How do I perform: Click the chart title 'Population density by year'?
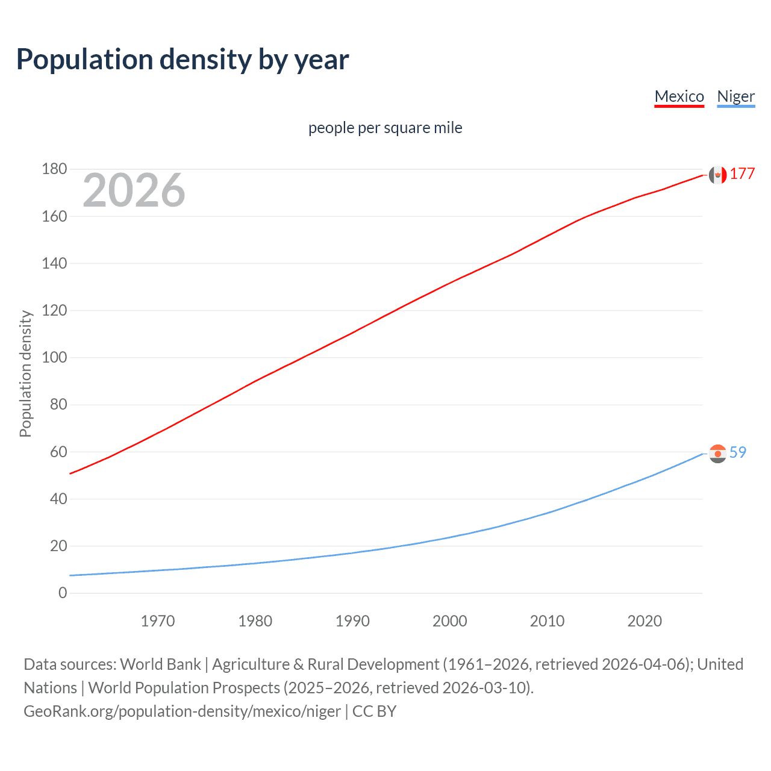(x=183, y=60)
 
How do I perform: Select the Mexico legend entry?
(x=679, y=96)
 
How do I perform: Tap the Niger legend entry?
(x=735, y=96)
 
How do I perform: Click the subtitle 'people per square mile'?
(x=385, y=128)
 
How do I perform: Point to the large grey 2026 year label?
(x=134, y=190)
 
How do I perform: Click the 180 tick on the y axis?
(x=54, y=169)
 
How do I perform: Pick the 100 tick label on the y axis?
(x=54, y=357)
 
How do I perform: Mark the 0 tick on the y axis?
(x=63, y=593)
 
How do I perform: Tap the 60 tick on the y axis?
(x=58, y=452)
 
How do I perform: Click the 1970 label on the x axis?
(x=158, y=621)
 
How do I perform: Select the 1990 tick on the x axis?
(x=352, y=621)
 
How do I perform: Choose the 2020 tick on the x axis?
(x=645, y=621)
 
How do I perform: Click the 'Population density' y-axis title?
(x=25, y=373)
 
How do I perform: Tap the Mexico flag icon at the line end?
(x=717, y=175)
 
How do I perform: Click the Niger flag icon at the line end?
(x=717, y=453)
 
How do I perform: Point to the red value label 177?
(x=742, y=174)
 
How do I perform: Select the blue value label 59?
(x=738, y=452)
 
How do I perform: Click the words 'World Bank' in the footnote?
(x=160, y=664)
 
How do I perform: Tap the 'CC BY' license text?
(x=374, y=711)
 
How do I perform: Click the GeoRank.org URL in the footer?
(x=182, y=711)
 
